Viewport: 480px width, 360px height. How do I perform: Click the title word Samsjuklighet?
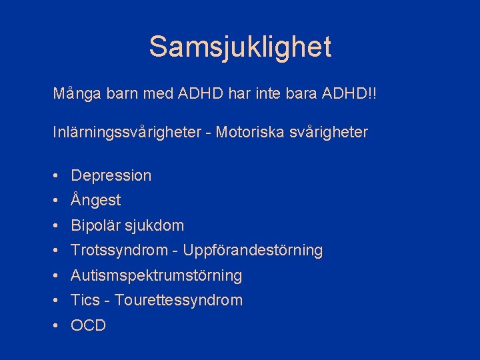tap(240, 47)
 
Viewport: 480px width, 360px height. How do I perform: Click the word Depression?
tap(111, 175)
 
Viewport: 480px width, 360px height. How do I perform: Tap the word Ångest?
tap(96, 200)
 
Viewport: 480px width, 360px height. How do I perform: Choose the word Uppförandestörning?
tap(253, 251)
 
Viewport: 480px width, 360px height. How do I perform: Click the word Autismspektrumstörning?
tap(157, 275)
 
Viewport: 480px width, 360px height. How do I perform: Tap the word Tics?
tap(85, 300)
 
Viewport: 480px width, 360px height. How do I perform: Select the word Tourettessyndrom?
tap(179, 300)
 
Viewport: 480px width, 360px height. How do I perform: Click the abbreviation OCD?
tap(89, 325)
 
